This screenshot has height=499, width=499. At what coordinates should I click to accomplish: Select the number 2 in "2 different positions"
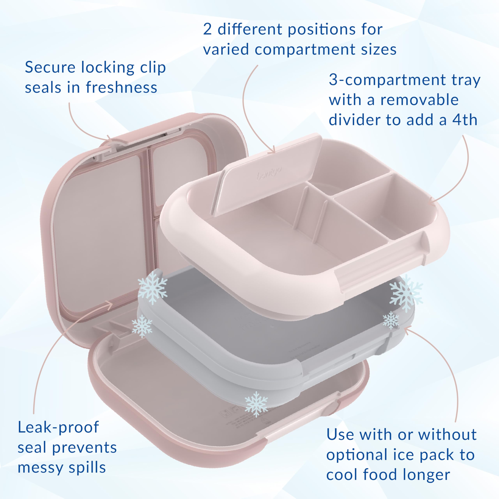(x=207, y=29)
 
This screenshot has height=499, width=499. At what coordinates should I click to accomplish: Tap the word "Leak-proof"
(x=58, y=427)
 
